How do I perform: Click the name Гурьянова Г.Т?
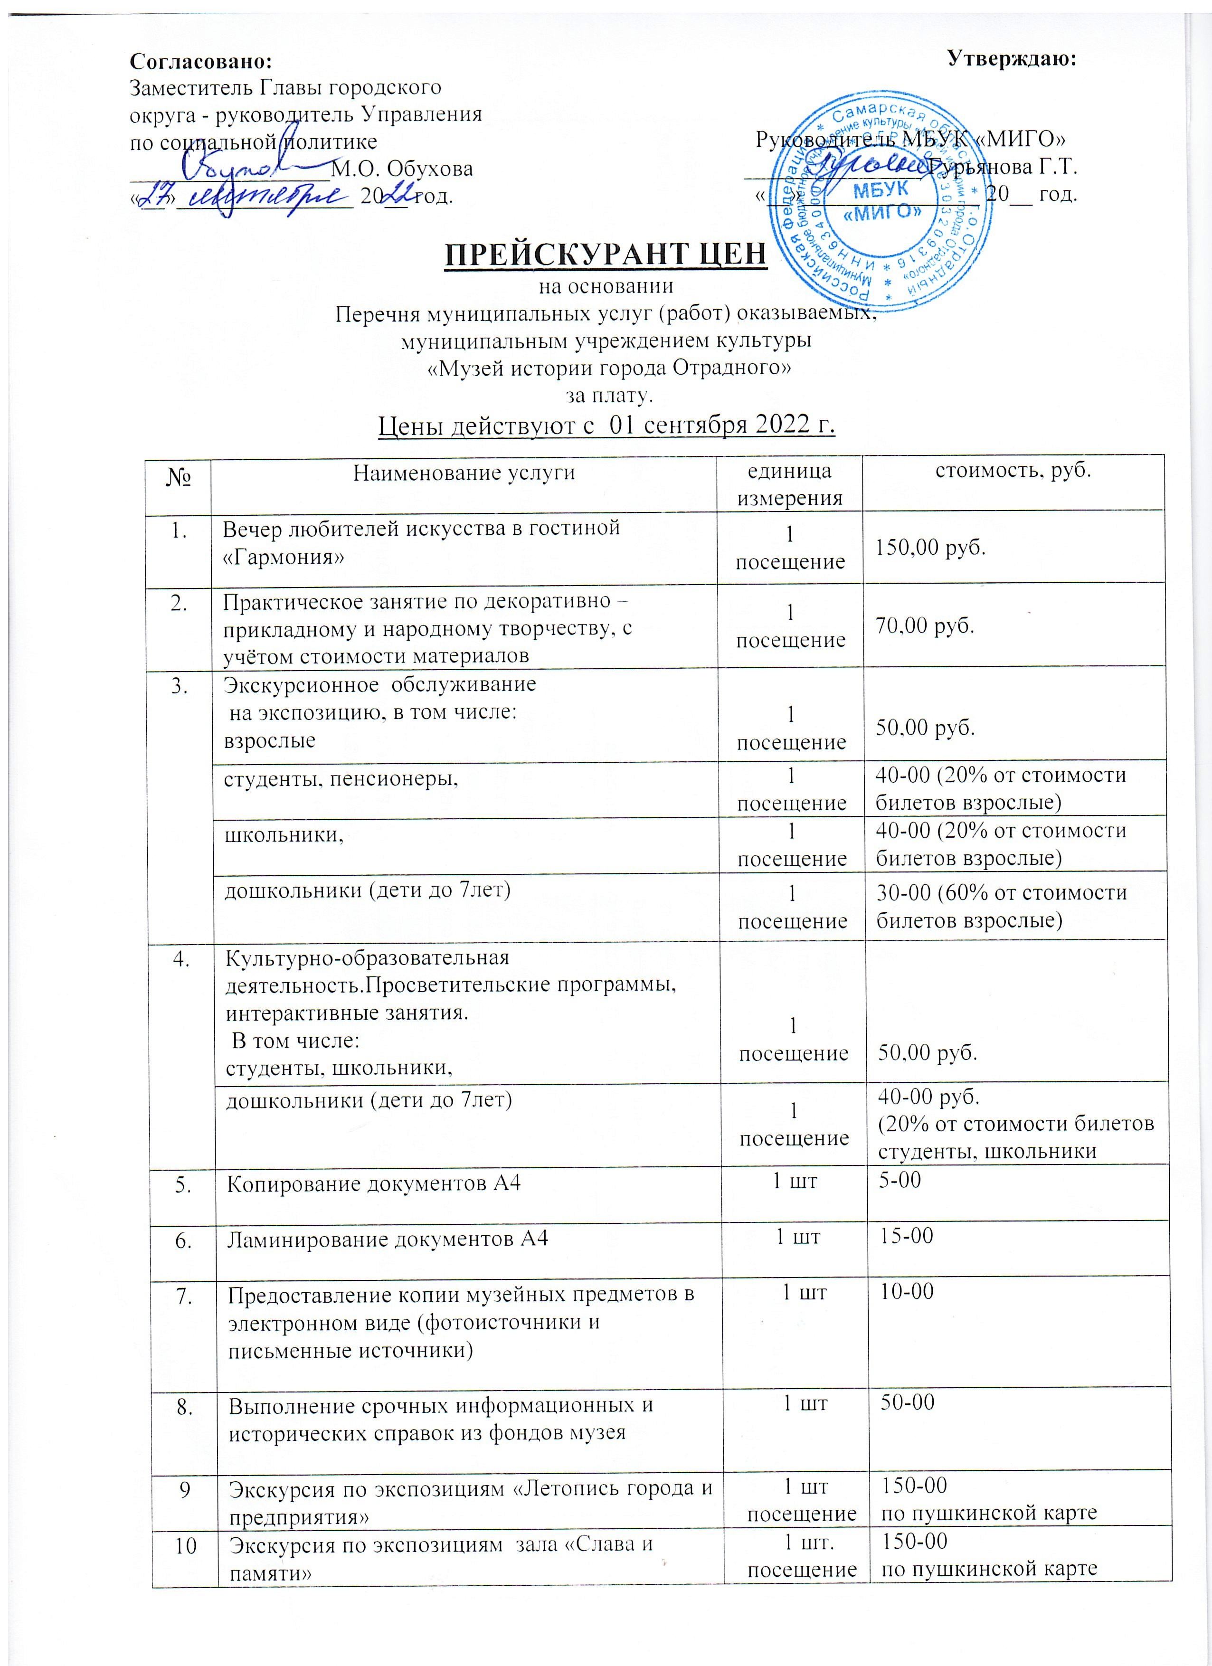click(1002, 168)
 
